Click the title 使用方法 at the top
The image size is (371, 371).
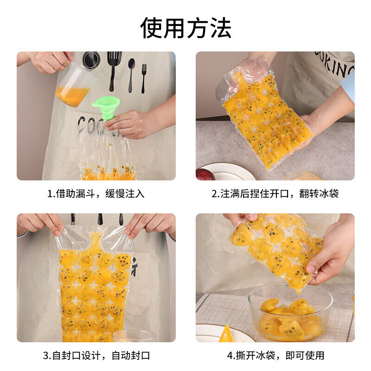[185, 28]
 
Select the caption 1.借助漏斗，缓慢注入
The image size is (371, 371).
[96, 193]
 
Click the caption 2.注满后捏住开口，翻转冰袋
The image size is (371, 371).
[275, 193]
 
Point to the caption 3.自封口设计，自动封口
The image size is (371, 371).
[96, 356]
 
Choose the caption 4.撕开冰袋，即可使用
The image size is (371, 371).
[275, 356]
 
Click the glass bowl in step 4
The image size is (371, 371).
[290, 313]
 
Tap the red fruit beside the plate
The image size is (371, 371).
[205, 174]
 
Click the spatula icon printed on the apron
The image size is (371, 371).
[114, 67]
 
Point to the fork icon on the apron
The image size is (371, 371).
[144, 77]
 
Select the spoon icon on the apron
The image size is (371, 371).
[131, 72]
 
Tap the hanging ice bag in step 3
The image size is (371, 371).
[95, 288]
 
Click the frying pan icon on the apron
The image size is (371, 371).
[91, 60]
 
